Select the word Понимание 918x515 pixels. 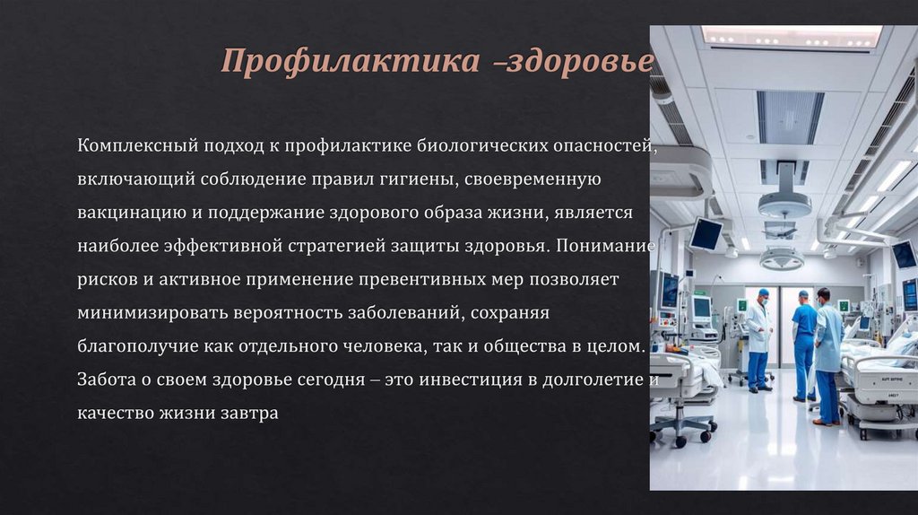(x=606, y=246)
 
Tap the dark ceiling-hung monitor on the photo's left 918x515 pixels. (x=706, y=233)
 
